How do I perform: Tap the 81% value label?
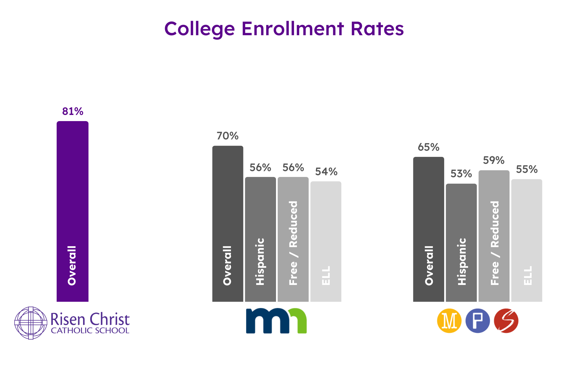(73, 111)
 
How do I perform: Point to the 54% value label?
(326, 172)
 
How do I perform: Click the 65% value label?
(428, 147)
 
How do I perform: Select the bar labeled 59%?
(494, 236)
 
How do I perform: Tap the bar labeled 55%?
(526, 240)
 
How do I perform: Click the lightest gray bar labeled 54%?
(326, 241)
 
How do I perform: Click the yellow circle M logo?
(449, 321)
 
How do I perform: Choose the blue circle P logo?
(478, 321)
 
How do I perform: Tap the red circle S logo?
(506, 321)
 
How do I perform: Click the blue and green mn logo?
(276, 320)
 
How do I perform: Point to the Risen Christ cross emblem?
(31, 323)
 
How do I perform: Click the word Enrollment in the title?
(293, 29)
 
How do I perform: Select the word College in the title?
(200, 29)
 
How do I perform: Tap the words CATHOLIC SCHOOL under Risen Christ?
(90, 331)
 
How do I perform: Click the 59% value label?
(494, 160)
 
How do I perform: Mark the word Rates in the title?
(377, 29)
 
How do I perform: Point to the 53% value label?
(461, 174)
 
